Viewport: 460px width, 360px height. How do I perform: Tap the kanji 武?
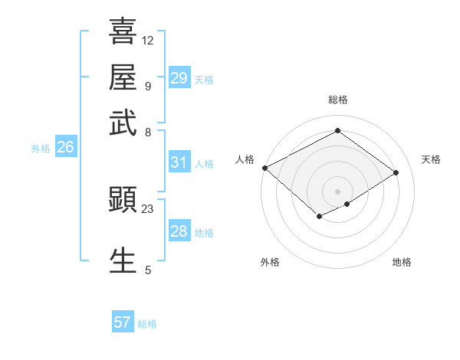[123, 122]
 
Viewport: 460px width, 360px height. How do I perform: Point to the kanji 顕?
[123, 200]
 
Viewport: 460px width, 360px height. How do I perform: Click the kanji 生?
[123, 260]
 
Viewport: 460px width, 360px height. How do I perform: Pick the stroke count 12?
[148, 40]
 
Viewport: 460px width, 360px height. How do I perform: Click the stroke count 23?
[148, 208]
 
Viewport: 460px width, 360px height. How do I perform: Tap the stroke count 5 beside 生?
[148, 270]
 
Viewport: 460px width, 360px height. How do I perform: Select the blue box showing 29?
[179, 78]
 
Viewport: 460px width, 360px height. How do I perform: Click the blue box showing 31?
[179, 162]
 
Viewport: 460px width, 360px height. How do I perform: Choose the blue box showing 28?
[179, 231]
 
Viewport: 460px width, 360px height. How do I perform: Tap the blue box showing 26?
[65, 148]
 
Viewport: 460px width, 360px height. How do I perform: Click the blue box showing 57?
[123, 322]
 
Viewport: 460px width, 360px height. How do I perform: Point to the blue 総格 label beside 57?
[147, 324]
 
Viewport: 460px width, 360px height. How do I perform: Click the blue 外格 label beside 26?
[41, 149]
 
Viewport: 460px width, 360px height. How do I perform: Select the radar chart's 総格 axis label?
[337, 100]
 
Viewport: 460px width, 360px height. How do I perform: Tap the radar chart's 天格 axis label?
[432, 159]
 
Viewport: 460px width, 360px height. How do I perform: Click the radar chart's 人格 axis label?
[245, 159]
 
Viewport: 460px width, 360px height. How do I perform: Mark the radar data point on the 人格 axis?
[264, 168]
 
